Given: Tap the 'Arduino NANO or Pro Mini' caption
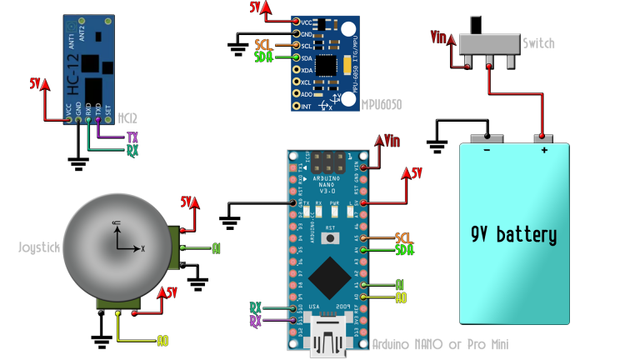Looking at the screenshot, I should pyautogui.click(x=440, y=344).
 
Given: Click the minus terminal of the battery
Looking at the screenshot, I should pyautogui.click(x=484, y=138).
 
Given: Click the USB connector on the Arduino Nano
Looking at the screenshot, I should pyautogui.click(x=329, y=341).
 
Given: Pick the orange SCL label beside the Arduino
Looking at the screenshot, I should pyautogui.click(x=404, y=237).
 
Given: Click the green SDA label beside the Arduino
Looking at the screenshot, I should pyautogui.click(x=404, y=250).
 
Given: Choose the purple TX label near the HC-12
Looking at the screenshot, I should pyautogui.click(x=132, y=137).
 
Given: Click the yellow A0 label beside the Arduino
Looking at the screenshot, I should pyautogui.click(x=401, y=297).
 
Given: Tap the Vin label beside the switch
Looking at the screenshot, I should pyautogui.click(x=439, y=37).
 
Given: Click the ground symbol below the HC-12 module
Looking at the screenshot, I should pyautogui.click(x=78, y=163).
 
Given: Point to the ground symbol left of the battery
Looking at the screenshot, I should pyautogui.click(x=438, y=147).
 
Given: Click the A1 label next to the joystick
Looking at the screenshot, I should pyautogui.click(x=216, y=248).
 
